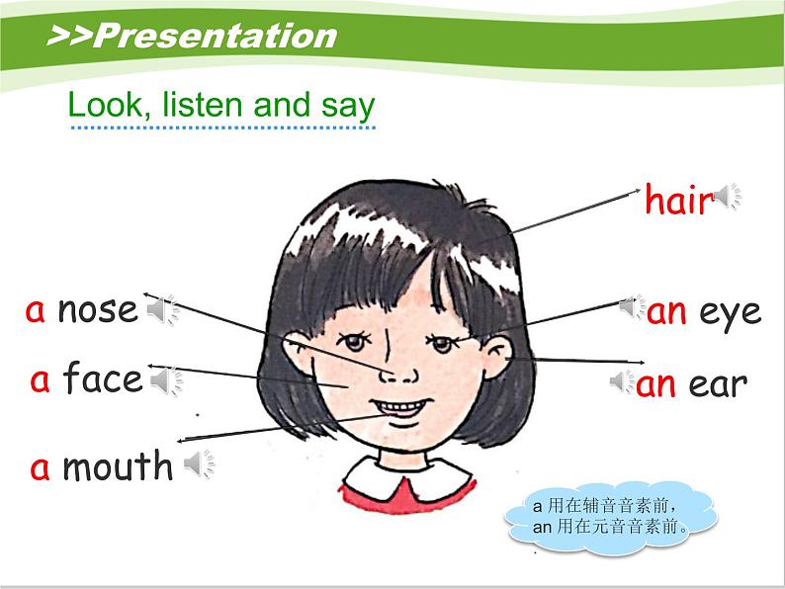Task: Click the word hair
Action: click(678, 201)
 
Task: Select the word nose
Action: click(98, 310)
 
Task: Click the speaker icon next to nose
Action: click(161, 311)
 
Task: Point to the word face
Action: click(103, 379)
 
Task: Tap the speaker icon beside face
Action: click(165, 379)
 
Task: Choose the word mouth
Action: click(117, 465)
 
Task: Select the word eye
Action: click(731, 312)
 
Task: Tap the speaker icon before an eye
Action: click(632, 307)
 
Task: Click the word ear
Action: click(718, 384)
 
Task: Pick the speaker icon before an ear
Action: click(623, 381)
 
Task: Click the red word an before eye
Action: click(667, 312)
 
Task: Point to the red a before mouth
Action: click(40, 466)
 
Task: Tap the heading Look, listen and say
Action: click(220, 106)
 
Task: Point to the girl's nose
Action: click(399, 375)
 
